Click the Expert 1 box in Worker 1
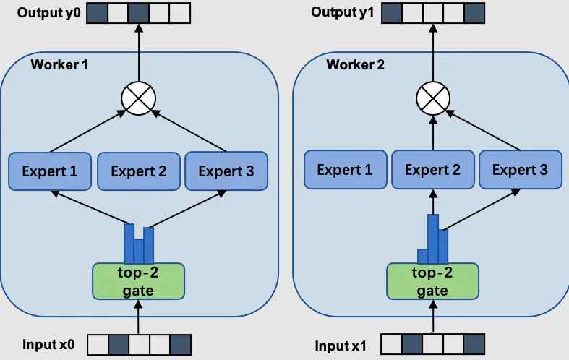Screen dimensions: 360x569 pyautogui.click(x=49, y=171)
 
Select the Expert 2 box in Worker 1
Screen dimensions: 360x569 pyautogui.click(x=137, y=171)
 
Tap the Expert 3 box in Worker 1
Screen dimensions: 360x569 pyautogui.click(x=226, y=171)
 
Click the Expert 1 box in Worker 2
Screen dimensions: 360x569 pyautogui.click(x=344, y=171)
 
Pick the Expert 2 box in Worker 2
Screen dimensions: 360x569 pyautogui.click(x=432, y=171)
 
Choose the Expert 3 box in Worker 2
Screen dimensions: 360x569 pyautogui.click(x=520, y=171)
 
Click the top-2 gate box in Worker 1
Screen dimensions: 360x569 pyautogui.click(x=138, y=281)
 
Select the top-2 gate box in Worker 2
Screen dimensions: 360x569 pyautogui.click(x=432, y=281)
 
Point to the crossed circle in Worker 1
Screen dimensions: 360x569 pyautogui.click(x=139, y=100)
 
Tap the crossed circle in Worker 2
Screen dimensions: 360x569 pyautogui.click(x=433, y=100)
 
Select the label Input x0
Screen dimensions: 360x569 pyautogui.click(x=48, y=344)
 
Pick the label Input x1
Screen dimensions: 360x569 pyautogui.click(x=341, y=346)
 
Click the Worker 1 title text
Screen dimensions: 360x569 pyautogui.click(x=59, y=65)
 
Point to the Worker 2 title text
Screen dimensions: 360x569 pyautogui.click(x=356, y=65)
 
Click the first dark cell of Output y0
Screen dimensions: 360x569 pyautogui.click(x=98, y=12)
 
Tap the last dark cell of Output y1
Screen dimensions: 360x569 pyautogui.click(x=474, y=12)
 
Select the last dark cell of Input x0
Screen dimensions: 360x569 pyautogui.click(x=181, y=344)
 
